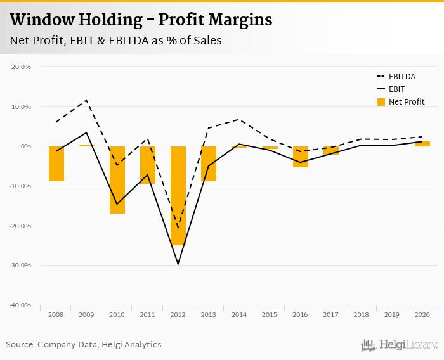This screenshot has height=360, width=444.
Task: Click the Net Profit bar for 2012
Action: coord(178,195)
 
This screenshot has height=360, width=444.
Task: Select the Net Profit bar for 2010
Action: coord(117,179)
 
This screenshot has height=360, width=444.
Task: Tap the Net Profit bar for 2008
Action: coord(56,164)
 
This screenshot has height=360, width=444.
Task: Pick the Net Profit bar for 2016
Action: coord(301,157)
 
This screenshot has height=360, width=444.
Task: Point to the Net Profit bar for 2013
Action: coord(209,164)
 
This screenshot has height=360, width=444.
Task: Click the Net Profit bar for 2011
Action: coord(148,165)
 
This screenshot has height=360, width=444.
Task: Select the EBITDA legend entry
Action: coord(402,77)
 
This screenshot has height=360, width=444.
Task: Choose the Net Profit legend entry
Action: coord(406,101)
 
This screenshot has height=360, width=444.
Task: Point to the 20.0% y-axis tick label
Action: coord(22,67)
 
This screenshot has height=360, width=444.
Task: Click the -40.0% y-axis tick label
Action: coord(20,305)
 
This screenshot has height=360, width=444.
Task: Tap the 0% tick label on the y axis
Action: coord(25,146)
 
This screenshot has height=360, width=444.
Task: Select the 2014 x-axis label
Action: coord(239,314)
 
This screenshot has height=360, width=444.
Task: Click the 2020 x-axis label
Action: coord(422,314)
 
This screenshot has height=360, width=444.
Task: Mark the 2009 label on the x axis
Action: coord(87,314)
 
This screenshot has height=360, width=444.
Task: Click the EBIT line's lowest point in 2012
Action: coord(178,264)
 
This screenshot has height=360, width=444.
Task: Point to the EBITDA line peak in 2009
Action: coord(87,100)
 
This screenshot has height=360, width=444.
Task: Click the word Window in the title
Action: coord(40,20)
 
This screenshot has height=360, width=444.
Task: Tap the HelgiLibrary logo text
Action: coord(408,345)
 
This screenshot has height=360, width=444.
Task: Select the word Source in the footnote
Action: coord(20,345)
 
